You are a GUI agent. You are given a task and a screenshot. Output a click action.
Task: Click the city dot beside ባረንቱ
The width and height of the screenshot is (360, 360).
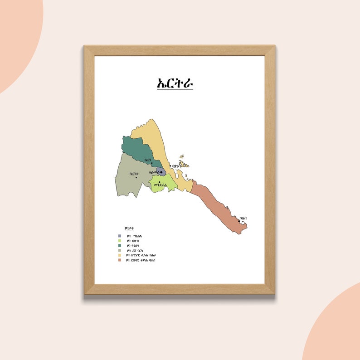[x=136, y=177]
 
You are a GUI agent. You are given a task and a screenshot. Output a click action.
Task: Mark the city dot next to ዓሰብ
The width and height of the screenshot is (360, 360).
[x=239, y=221]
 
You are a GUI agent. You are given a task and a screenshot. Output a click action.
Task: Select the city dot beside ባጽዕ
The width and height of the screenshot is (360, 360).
[x=170, y=166]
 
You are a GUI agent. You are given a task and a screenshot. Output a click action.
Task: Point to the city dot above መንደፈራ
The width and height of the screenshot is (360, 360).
[x=159, y=182]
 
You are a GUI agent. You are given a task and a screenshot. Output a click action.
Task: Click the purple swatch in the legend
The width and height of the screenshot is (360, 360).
[x=119, y=236]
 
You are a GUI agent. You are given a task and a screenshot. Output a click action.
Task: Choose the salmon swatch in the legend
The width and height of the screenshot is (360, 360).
[x=119, y=260]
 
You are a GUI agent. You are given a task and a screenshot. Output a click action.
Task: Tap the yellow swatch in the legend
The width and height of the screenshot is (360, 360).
[x=119, y=255]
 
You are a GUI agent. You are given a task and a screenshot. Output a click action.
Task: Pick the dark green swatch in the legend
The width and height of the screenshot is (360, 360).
[x=119, y=245]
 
